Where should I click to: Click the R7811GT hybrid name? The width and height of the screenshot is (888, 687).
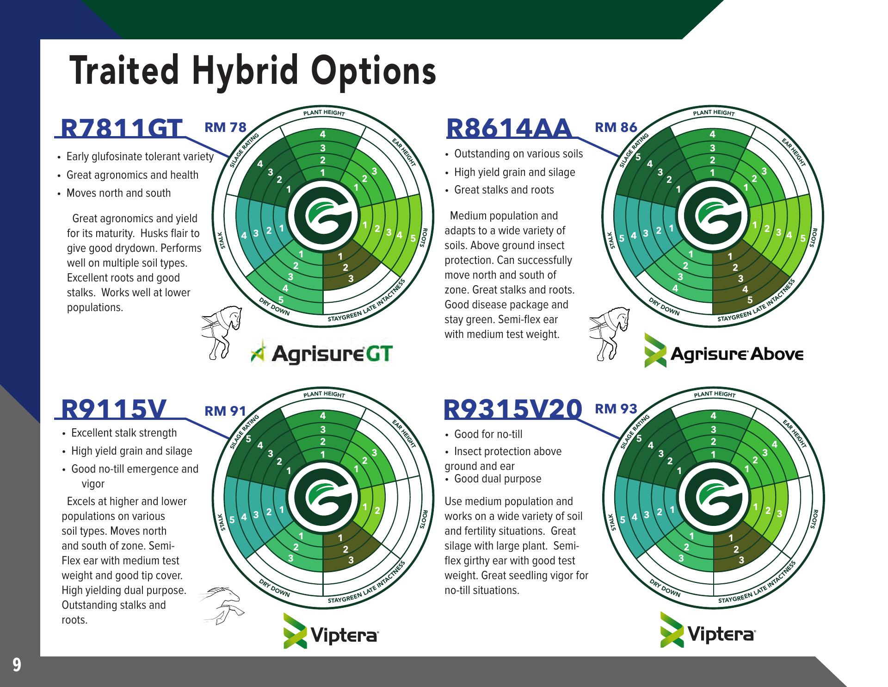pyautogui.click(x=121, y=128)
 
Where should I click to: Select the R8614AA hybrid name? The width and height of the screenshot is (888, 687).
pyautogui.click(x=509, y=128)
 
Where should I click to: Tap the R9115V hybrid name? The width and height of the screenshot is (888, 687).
pyautogui.click(x=114, y=409)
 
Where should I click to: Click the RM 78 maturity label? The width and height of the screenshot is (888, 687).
pyautogui.click(x=226, y=127)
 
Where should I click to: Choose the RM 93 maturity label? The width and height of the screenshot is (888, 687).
pyautogui.click(x=616, y=409)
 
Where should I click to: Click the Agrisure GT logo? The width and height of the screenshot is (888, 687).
pyautogui.click(x=322, y=354)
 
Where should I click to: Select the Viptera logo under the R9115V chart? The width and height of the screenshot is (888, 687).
pyautogui.click(x=332, y=631)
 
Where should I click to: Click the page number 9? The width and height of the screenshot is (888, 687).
pyautogui.click(x=17, y=665)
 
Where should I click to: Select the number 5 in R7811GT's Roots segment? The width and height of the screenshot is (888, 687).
pyautogui.click(x=413, y=238)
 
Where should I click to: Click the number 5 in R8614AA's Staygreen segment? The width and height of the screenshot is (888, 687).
pyautogui.click(x=750, y=300)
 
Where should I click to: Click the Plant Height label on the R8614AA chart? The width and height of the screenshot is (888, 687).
pyautogui.click(x=714, y=113)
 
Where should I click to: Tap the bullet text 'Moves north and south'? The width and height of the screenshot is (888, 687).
pyautogui.click(x=118, y=193)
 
